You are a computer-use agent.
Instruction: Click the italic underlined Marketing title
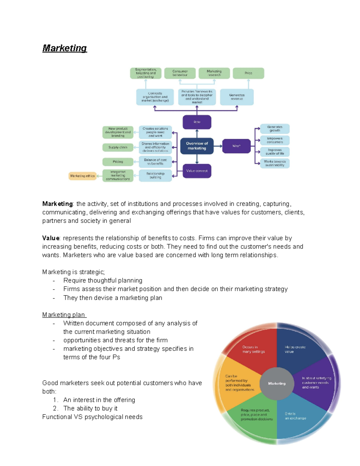pyautogui.click(x=64, y=48)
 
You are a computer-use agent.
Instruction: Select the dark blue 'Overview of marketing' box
pyautogui.click(x=197, y=146)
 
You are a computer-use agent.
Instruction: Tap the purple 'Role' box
pyautogui.click(x=197, y=122)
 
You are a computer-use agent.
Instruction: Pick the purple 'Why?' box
pyautogui.click(x=236, y=146)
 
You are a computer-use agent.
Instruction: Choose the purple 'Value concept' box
pyautogui.click(x=197, y=171)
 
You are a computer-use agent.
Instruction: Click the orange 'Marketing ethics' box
pyautogui.click(x=82, y=176)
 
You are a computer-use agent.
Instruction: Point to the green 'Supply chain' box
pyautogui.click(x=118, y=147)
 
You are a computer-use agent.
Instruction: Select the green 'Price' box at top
pyautogui.click(x=248, y=73)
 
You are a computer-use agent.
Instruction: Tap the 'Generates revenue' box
pyautogui.click(x=237, y=97)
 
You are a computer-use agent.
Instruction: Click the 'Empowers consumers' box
pyautogui.click(x=274, y=140)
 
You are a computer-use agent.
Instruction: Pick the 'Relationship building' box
pyautogui.click(x=155, y=176)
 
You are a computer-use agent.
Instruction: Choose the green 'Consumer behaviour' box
pyautogui.click(x=180, y=73)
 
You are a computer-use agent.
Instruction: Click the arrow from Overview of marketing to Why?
pyautogui.click(x=218, y=146)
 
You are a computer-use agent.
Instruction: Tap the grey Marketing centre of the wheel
pyautogui.click(x=277, y=383)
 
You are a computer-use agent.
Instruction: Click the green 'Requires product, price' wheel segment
pyautogui.click(x=255, y=419)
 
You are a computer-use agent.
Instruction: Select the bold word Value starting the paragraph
pyautogui.click(x=51, y=238)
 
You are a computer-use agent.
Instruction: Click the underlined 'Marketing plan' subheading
pyautogui.click(x=64, y=315)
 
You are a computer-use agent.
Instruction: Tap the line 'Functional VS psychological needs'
pyautogui.click(x=92, y=417)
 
